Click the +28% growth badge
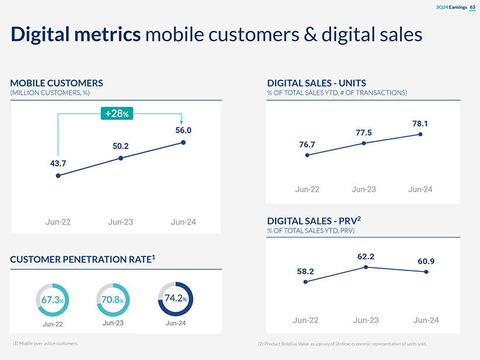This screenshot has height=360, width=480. coord(117,113)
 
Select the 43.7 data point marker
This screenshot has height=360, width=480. coord(58,176)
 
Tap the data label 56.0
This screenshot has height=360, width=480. coord(183,131)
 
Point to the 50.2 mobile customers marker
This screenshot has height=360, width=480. coord(121,158)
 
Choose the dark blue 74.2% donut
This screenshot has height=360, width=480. coord(175,299)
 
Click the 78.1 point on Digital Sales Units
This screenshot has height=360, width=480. coord(420,135)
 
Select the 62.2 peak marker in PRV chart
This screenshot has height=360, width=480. coord(366,267)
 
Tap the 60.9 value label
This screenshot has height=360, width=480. coord(426,261)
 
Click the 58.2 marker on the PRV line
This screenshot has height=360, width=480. coord(306,282)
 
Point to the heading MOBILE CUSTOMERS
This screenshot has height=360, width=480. coord(57,83)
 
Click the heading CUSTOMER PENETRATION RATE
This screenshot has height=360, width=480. coord(83,259)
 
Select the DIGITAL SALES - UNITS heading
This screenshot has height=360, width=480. coord(317,83)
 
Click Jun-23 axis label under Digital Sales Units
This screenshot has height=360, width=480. coord(364,189)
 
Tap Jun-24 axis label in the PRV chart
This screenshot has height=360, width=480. coord(426,320)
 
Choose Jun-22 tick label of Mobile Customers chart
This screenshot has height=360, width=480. coord(58,222)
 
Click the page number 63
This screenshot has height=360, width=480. coord(472,7)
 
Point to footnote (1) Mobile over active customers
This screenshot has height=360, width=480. coord(45,343)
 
